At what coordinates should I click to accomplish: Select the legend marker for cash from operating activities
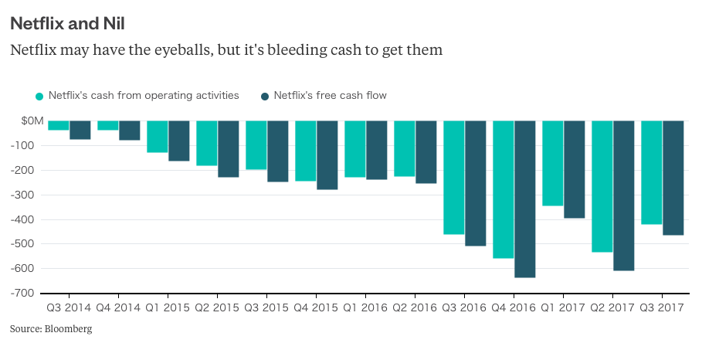[x=39, y=96]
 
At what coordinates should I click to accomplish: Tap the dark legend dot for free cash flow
[x=265, y=96]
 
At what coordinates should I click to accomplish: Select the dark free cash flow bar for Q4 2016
[x=525, y=199]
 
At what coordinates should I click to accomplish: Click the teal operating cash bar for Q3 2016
[x=454, y=178]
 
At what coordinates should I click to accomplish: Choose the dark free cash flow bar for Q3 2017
[x=673, y=178]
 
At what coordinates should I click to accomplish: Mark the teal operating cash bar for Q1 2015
[x=158, y=137]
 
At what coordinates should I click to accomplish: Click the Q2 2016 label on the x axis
[x=415, y=307]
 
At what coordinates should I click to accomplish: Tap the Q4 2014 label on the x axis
[x=118, y=307]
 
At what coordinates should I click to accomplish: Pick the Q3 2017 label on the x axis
[x=662, y=307]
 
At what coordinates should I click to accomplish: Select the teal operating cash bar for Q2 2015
[x=207, y=144]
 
